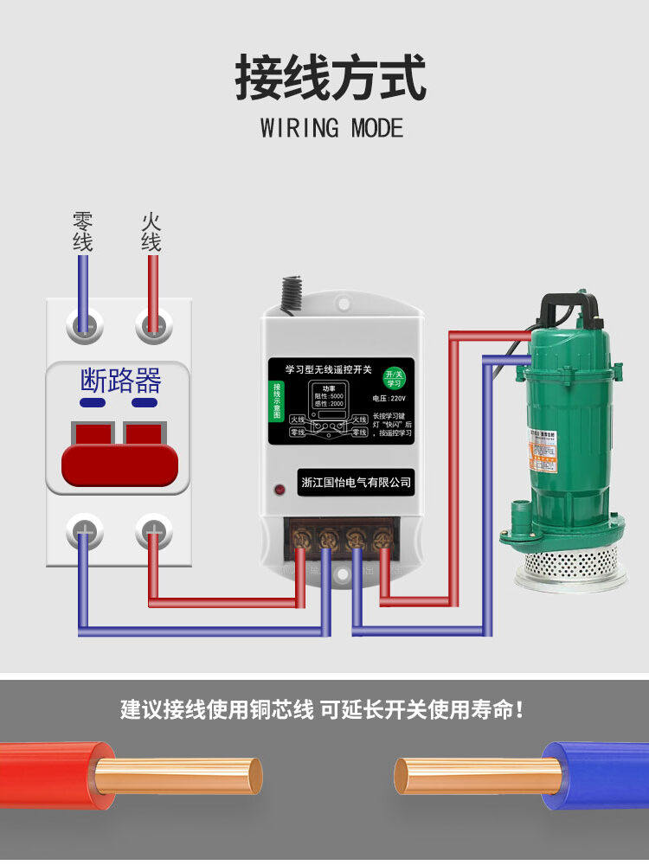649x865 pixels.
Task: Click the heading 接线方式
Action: [331, 78]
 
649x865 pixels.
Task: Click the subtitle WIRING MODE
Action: [331, 129]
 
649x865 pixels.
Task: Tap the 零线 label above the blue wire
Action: [82, 232]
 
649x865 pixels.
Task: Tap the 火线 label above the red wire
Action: [151, 232]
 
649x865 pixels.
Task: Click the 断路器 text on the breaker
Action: [120, 380]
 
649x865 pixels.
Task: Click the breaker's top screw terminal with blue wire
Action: [84, 326]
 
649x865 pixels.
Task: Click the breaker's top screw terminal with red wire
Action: [152, 326]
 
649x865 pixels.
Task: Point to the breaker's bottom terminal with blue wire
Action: [85, 531]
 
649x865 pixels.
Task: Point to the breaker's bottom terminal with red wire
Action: [153, 531]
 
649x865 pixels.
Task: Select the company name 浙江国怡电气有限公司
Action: [355, 483]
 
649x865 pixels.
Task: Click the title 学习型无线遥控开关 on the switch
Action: [322, 369]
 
